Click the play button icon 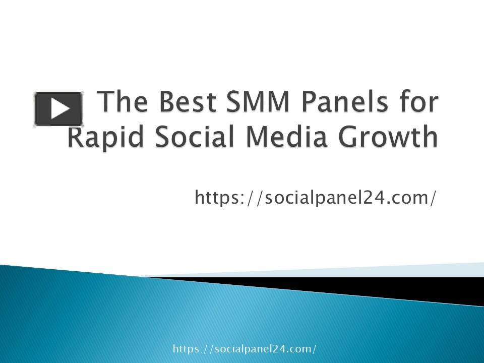[58, 109]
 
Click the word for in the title [416, 103]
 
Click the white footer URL [245, 349]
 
